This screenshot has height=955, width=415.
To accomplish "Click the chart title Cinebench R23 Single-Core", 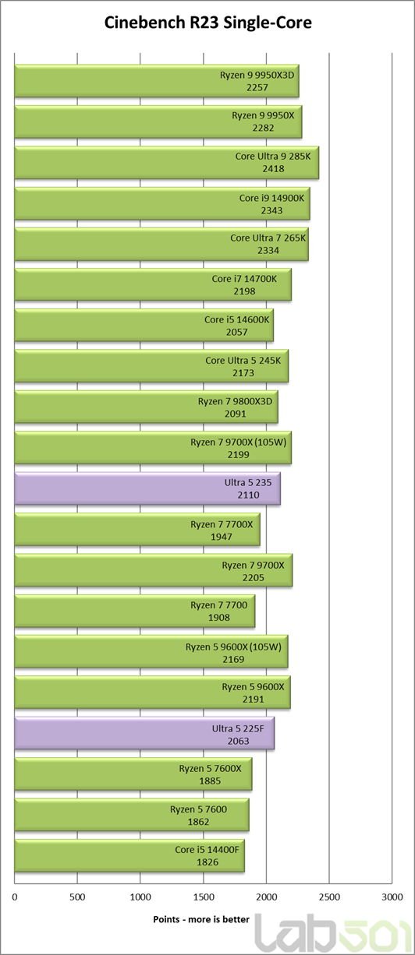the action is pos(208,23).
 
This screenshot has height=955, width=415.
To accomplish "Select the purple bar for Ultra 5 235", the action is pos(147,488).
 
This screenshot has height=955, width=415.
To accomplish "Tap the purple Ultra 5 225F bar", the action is pos(144,734).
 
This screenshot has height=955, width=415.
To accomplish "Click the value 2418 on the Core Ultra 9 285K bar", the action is pos(273,169).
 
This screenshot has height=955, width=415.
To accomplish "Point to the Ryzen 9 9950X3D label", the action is pos(257,75).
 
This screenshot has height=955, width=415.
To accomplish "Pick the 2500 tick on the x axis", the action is pos(329,897).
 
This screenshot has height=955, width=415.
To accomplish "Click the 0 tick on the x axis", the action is pos(15,897).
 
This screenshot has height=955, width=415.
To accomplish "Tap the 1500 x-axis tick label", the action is pos(204,897).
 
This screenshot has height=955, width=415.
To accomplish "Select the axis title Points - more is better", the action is pos(201,920).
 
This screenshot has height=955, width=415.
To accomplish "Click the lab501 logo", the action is pos(334,934).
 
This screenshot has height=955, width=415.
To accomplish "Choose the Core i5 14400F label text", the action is pos(207,850).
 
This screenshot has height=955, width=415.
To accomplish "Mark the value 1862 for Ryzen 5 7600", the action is pos(199,822).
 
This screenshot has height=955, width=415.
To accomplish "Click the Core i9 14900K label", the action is pos(271,198).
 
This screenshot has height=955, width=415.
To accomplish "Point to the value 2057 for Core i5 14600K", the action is pos(237,332).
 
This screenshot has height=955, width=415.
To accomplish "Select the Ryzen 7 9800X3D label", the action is pos(235,401).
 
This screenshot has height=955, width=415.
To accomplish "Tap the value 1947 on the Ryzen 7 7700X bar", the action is pos(222,537).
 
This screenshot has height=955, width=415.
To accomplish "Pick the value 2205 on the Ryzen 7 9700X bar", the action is pos(254,578).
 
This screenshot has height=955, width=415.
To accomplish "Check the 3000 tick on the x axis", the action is pos(392,897).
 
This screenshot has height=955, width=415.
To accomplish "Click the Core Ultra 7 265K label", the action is pos(268,238).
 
